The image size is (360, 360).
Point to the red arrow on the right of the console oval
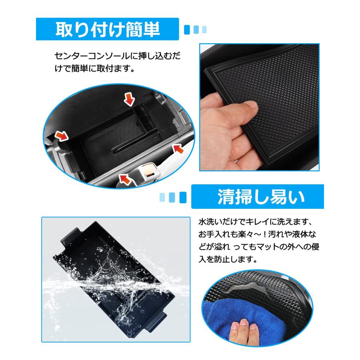(x=178, y=149)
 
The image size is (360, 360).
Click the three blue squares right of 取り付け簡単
(x=195, y=30)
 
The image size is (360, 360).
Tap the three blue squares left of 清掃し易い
(x=173, y=197)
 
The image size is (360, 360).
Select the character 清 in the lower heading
(x=225, y=197)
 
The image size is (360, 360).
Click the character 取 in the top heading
(x=63, y=30)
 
